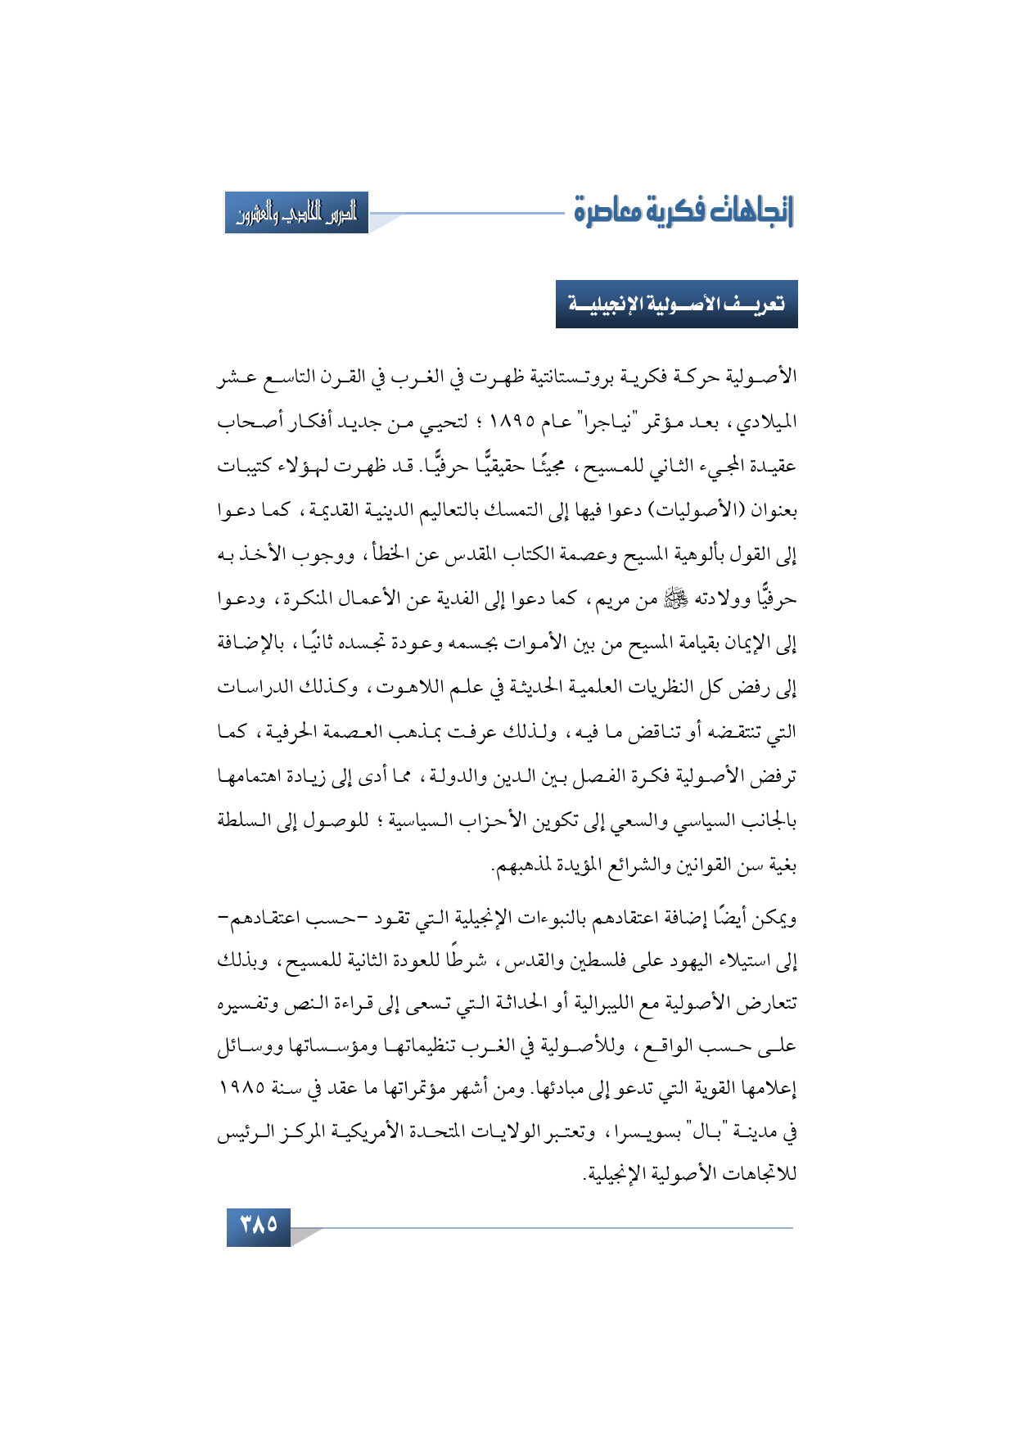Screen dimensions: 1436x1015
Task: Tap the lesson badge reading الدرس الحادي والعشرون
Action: tap(296, 214)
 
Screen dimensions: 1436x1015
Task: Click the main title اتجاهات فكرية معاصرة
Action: tap(683, 211)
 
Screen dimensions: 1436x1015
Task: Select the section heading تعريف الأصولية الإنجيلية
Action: tap(676, 304)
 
